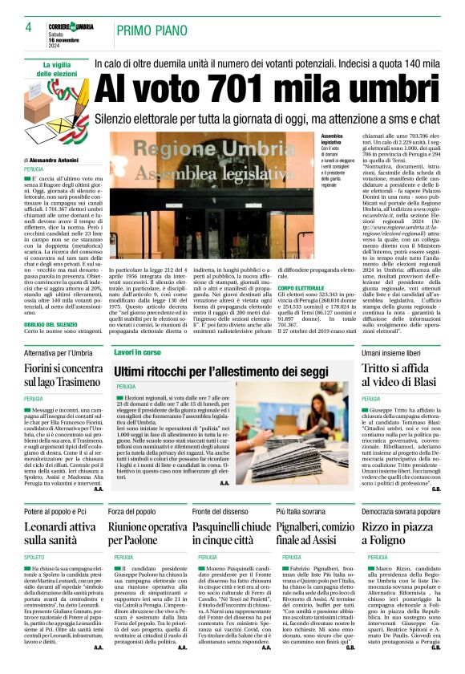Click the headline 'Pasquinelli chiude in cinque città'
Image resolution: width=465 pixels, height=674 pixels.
click(232, 534)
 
